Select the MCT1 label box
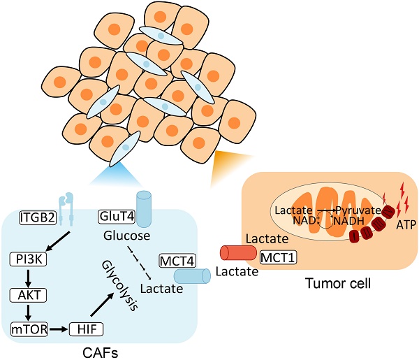tap(278, 258)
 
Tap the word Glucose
tap(126, 236)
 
